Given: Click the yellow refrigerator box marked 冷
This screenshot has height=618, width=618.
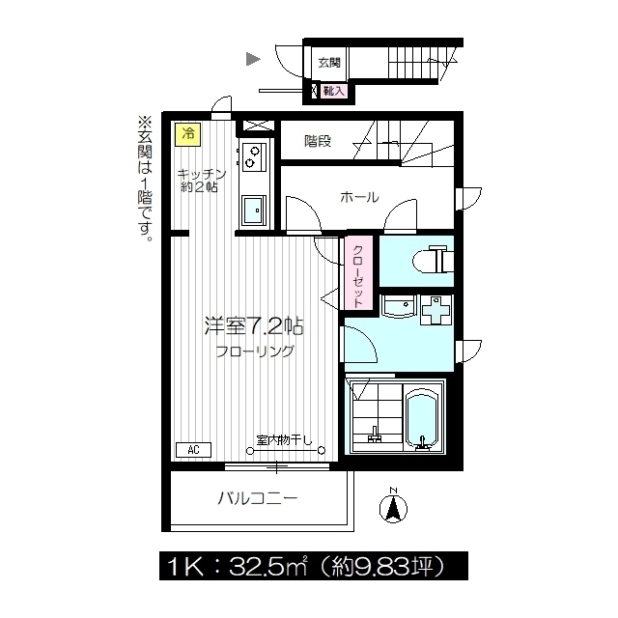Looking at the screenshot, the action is pos(188,134).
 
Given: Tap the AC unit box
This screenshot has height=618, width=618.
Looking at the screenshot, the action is pos(193,450).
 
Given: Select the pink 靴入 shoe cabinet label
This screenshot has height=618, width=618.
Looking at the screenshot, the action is pos(333,91).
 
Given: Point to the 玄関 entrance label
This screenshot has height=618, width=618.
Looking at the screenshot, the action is pos(328,62).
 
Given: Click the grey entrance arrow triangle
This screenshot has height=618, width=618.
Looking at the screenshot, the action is pos(253,59).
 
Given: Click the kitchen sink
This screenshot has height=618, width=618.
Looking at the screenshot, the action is pos(254,211).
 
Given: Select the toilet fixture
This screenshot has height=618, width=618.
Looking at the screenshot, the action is pos(433,260).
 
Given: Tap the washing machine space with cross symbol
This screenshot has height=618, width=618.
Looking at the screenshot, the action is pos(435,310).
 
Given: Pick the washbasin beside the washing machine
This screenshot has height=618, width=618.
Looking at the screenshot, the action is pos(399,306).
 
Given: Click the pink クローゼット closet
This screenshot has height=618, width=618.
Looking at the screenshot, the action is pos(358,273).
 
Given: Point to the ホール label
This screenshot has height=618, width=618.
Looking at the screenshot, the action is pos(359,197).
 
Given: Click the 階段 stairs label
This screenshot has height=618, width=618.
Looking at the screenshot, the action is pos(318,141).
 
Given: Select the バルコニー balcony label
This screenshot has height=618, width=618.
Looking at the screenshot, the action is pos(258,498).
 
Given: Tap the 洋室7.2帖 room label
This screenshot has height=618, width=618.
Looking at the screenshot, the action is pos(254,326).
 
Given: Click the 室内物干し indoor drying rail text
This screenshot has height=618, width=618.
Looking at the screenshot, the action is pos(284,440).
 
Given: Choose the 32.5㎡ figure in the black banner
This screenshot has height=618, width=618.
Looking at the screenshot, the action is pos(268,567).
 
